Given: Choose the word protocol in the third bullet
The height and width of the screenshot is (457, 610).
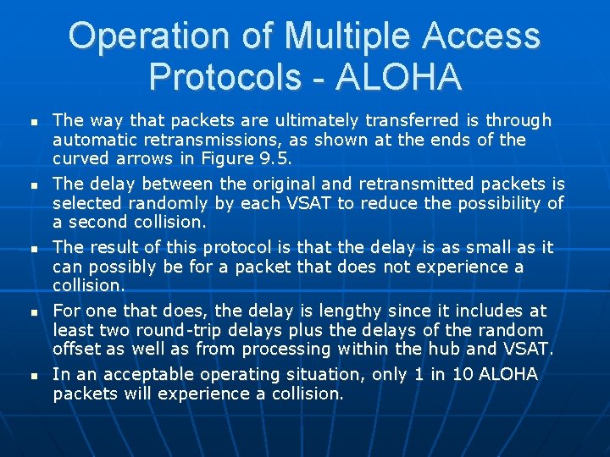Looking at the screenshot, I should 241,247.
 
